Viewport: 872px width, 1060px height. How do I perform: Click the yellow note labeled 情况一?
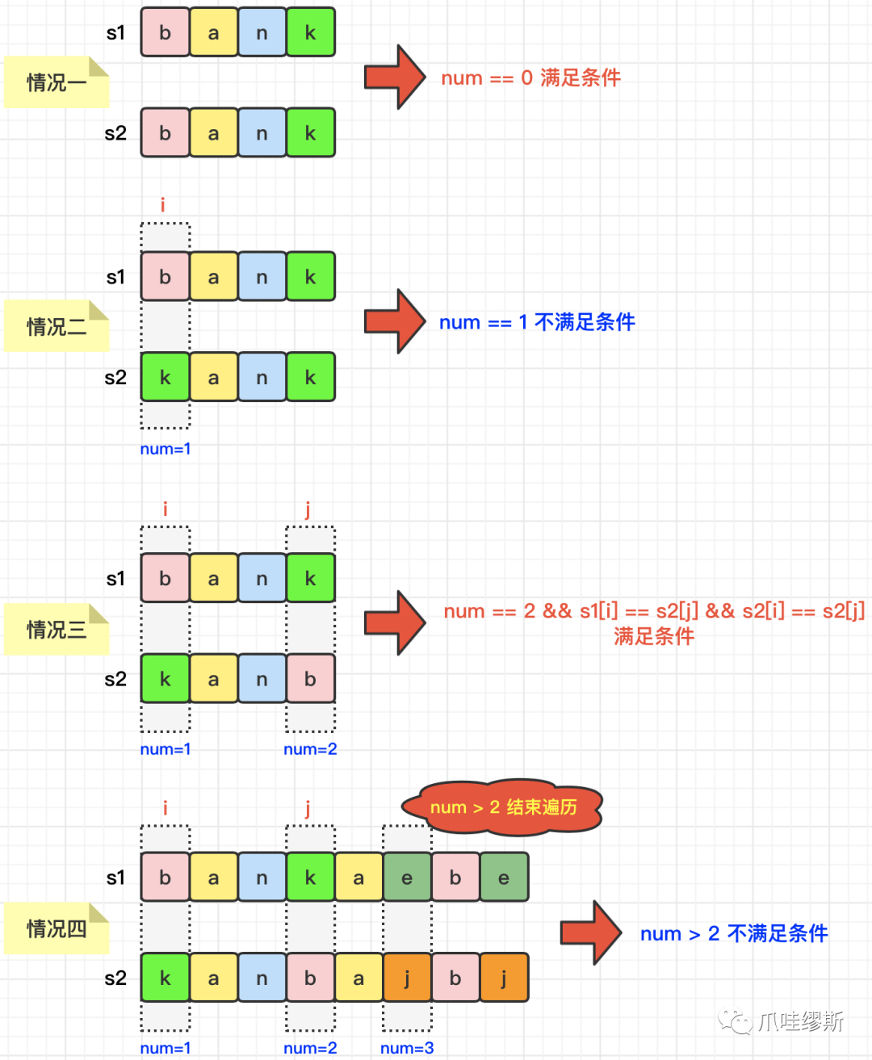(57, 82)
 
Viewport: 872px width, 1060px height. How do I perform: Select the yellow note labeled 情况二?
(57, 326)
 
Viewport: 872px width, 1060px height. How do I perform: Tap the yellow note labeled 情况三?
(57, 629)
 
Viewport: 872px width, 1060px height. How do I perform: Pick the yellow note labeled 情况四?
(57, 928)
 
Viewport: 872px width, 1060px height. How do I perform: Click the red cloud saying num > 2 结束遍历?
(502, 807)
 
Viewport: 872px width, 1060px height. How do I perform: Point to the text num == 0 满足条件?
(530, 78)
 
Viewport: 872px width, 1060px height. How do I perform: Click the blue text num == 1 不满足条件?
(537, 322)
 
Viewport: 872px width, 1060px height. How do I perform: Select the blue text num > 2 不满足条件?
(734, 933)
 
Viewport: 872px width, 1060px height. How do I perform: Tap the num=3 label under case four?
(407, 1047)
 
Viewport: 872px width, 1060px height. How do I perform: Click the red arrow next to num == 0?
(395, 77)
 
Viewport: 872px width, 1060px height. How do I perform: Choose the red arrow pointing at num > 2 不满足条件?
(591, 932)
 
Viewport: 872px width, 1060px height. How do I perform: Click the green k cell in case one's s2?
(311, 132)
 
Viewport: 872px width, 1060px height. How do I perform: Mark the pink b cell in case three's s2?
(311, 678)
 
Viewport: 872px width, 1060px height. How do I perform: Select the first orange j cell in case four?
(407, 978)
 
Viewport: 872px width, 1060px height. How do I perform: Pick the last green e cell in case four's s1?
(504, 877)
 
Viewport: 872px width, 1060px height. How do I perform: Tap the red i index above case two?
(163, 204)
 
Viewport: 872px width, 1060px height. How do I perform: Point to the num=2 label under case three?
(310, 749)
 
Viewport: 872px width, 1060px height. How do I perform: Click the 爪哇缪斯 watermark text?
(801, 1020)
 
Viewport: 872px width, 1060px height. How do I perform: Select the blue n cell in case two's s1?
(262, 276)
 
